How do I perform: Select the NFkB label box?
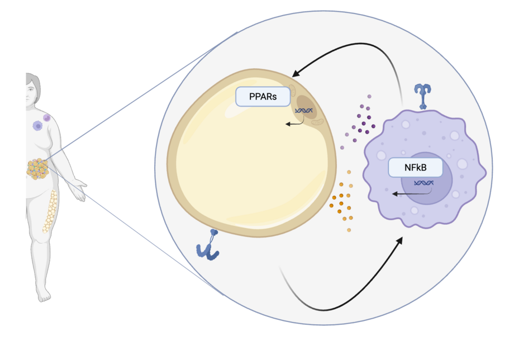(x=415, y=168)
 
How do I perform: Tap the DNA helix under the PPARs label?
(x=304, y=111)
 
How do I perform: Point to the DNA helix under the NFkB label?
(x=423, y=183)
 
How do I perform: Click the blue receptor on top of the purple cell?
(x=422, y=96)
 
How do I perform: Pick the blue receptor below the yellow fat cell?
(x=208, y=245)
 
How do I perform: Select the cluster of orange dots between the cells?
(x=342, y=200)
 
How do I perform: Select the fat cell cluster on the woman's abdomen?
(x=37, y=169)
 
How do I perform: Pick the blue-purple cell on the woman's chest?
(x=37, y=126)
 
